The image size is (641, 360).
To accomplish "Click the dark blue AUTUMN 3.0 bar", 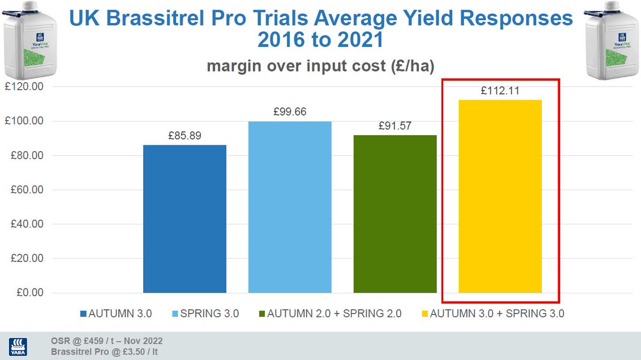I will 185,219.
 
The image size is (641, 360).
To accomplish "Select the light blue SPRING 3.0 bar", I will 290,207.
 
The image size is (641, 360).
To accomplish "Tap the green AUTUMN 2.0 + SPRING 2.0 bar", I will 395,214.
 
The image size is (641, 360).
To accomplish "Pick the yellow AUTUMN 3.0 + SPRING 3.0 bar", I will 501,197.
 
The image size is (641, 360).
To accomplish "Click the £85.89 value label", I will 185,136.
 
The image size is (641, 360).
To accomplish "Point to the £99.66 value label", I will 290,112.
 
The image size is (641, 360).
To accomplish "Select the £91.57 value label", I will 395,126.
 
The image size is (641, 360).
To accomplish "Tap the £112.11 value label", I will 500,91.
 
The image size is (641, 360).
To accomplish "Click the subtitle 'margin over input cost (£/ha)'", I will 319,66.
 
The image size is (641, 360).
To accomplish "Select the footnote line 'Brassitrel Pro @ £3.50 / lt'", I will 104,351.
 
